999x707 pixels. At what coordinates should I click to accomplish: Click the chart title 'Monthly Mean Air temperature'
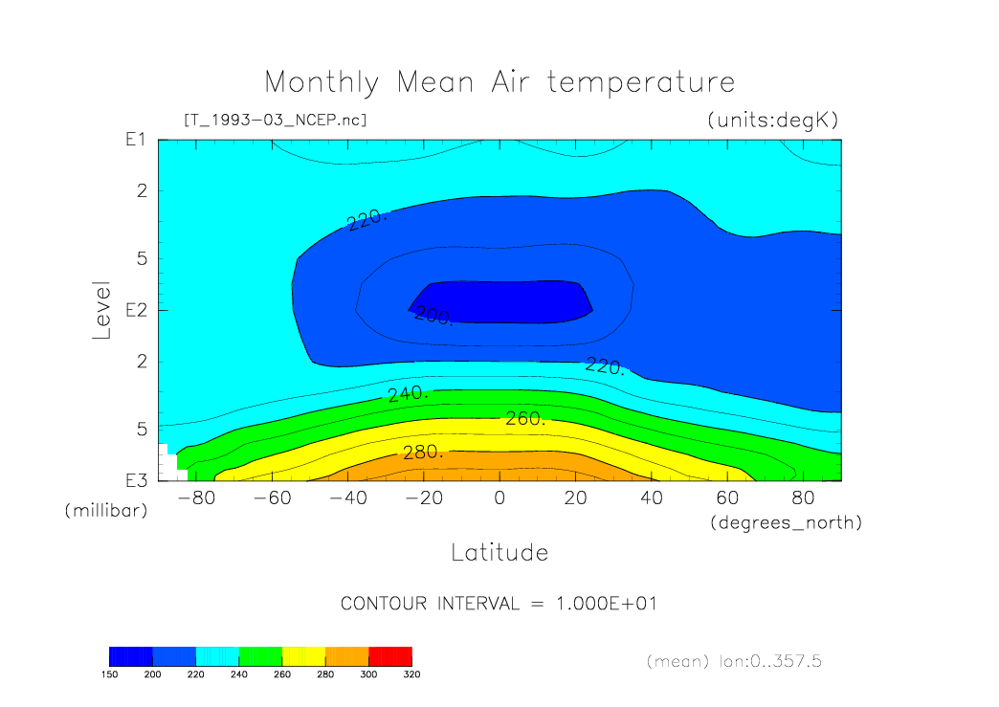499,82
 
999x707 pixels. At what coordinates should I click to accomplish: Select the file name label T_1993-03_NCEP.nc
275,121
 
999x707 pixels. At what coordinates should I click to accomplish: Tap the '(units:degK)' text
772,121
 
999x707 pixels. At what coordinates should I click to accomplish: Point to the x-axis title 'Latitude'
499,552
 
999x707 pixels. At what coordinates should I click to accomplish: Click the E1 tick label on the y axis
135,140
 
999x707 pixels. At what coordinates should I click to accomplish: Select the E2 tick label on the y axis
135,310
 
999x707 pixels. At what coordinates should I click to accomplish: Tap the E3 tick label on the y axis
135,479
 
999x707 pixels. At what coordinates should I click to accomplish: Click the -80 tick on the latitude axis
195,498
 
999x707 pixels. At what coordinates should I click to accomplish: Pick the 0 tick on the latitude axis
499,498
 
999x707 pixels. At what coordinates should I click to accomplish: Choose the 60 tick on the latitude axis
727,498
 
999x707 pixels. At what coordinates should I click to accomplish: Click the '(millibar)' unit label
106,511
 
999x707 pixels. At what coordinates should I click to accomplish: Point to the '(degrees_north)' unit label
786,522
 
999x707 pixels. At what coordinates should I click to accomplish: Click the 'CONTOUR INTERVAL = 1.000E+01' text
499,604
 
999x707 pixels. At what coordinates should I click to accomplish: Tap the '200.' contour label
433,316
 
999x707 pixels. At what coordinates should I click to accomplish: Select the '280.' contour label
422,452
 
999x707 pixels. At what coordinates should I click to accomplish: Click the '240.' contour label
408,393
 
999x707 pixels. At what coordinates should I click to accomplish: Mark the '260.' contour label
525,418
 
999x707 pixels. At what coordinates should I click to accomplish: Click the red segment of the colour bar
389,656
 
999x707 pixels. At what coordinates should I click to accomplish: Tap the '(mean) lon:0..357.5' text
733,661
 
